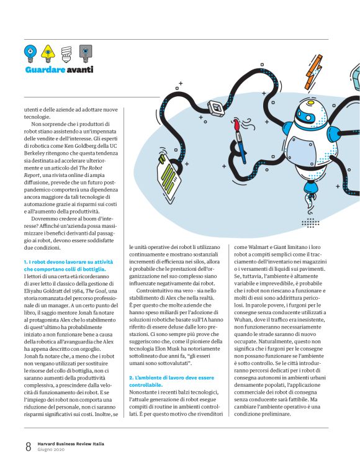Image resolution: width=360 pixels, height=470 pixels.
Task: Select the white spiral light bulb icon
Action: (x=67, y=52)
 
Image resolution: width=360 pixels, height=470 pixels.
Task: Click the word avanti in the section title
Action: (x=79, y=70)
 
